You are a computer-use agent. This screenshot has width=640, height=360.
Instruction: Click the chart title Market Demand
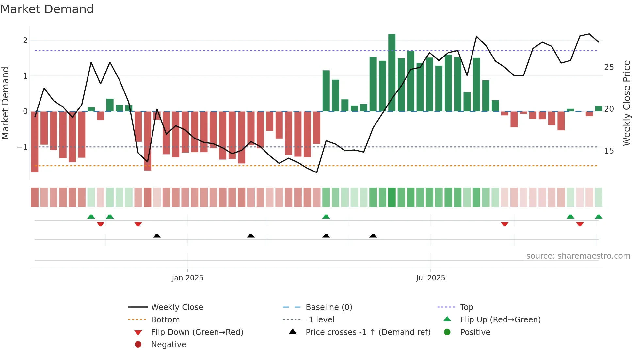(47, 9)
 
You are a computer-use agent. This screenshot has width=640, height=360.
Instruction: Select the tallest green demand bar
(392, 73)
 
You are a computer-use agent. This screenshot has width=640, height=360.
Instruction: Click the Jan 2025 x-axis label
(187, 278)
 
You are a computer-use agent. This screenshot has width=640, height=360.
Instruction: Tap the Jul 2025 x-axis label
(430, 278)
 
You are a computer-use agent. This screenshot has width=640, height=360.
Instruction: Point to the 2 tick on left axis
(25, 41)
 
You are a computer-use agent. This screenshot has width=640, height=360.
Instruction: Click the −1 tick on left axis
(23, 147)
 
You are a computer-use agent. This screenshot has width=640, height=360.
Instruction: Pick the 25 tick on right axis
(609, 67)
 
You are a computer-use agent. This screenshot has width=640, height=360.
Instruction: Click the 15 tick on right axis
(609, 151)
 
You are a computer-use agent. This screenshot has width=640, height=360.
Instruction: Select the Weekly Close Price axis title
(626, 103)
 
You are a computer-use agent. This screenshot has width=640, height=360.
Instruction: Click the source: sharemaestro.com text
(578, 256)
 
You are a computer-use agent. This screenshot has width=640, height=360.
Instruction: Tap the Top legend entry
(466, 307)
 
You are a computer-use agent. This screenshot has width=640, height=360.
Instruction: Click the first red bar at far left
(35, 142)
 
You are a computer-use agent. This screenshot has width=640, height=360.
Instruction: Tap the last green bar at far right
(599, 108)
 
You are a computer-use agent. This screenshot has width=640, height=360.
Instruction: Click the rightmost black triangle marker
(373, 236)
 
